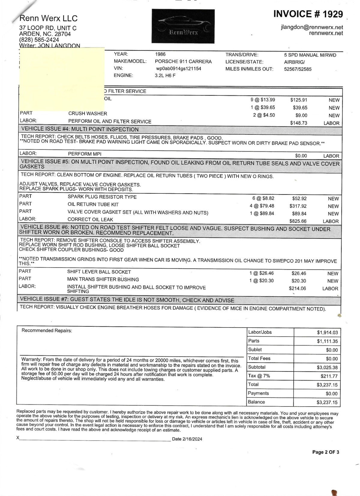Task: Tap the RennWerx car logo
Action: point(183,26)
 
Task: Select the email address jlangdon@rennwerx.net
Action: point(312,27)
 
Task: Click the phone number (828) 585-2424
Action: point(39,40)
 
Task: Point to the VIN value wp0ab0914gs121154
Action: point(178,69)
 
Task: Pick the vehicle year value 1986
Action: point(160,54)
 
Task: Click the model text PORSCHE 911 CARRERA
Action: point(183,62)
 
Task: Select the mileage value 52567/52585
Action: point(298,69)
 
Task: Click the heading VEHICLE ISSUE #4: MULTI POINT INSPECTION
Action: point(80,129)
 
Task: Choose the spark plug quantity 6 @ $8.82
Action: point(263,198)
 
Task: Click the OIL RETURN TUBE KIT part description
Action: point(93,204)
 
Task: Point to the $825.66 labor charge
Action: point(298,221)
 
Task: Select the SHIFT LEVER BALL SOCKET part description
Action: point(99,272)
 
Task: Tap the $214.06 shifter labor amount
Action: point(297,289)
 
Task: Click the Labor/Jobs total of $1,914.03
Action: point(327,332)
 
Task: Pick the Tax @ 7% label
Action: point(259,376)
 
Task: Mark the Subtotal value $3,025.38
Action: point(327,367)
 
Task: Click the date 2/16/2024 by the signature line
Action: point(192,439)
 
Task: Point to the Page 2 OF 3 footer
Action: point(325,452)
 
